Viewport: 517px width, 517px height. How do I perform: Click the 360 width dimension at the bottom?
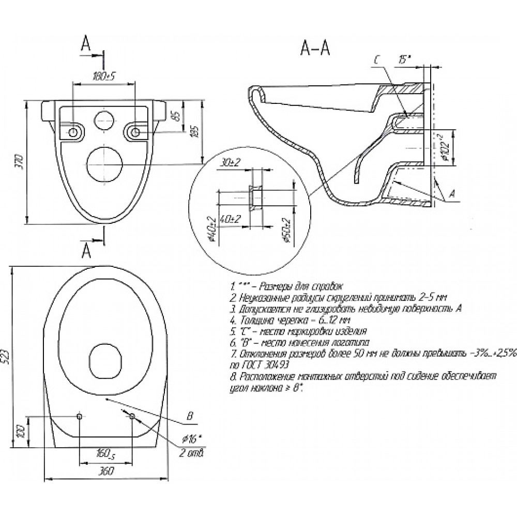click(x=106, y=472)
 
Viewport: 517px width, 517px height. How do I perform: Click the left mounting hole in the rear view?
click(x=73, y=132)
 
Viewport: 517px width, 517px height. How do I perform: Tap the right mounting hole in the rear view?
click(x=135, y=132)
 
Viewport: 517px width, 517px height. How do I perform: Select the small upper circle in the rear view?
click(x=103, y=119)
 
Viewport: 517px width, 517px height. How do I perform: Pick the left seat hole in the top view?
click(x=79, y=416)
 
